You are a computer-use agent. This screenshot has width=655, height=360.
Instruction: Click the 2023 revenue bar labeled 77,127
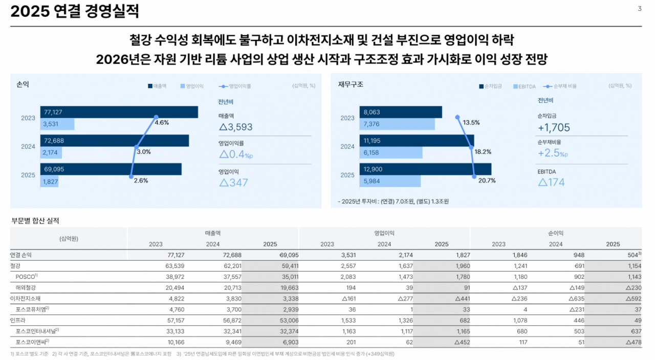119,112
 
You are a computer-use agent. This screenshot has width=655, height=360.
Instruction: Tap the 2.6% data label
141,181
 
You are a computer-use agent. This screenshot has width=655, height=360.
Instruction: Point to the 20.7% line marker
474,175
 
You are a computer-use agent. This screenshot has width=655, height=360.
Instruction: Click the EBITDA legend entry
524,86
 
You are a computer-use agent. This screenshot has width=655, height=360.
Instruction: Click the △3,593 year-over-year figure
235,127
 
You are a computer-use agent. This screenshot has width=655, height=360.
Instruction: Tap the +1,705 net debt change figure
554,128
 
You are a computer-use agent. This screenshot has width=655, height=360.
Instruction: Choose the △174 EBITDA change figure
551,182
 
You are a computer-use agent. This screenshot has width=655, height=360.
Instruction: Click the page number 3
640,9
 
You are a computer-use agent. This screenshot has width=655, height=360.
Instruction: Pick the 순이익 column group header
556,233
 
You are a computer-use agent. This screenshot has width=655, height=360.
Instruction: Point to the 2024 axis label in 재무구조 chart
347,146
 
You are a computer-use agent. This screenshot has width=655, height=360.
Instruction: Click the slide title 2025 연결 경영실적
75,12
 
